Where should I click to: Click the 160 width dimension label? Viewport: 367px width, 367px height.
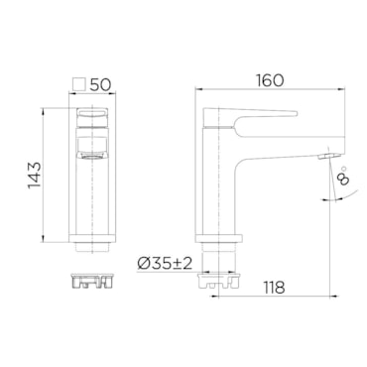(270, 80)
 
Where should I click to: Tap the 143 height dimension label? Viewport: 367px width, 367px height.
(35, 176)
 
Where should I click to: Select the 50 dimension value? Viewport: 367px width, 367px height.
(100, 85)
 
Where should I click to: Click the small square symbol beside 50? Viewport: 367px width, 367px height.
(79, 84)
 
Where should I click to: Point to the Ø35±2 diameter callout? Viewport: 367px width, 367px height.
(165, 264)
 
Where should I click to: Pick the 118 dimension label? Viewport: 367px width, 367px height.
(274, 288)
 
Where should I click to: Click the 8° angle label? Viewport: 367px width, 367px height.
(342, 175)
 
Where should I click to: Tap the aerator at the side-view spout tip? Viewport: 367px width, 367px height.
(328, 156)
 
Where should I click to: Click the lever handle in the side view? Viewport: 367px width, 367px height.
(250, 118)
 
